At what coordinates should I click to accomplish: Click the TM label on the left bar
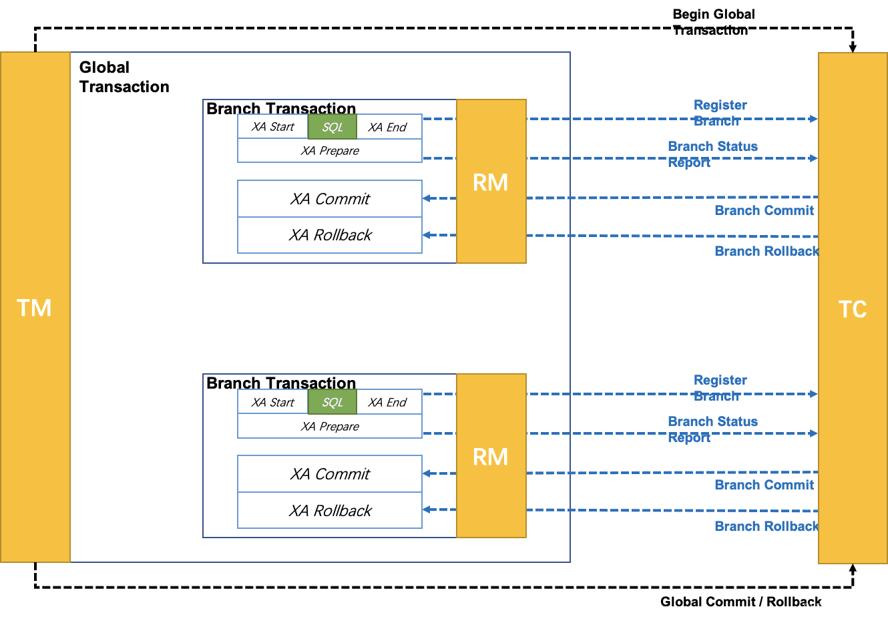[x=34, y=308]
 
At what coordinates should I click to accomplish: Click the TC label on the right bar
[x=853, y=309]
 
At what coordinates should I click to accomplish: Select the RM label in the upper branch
[x=490, y=182]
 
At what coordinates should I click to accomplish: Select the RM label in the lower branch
[x=490, y=457]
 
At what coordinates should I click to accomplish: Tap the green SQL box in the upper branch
[x=332, y=127]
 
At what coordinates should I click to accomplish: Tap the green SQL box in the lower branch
[x=332, y=402]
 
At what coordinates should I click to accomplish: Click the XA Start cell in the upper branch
[x=272, y=126]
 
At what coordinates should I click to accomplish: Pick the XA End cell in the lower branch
[x=389, y=402]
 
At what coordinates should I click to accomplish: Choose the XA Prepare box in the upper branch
[x=330, y=151]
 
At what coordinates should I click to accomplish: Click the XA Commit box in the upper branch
[x=330, y=199]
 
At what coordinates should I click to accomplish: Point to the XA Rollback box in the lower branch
[x=330, y=510]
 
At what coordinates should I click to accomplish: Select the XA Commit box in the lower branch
[x=330, y=474]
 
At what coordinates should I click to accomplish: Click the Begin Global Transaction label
[x=714, y=22]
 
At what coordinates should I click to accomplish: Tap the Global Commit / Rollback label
[x=741, y=602]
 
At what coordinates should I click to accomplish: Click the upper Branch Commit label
[x=764, y=210]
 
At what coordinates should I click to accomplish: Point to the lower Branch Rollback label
[x=766, y=526]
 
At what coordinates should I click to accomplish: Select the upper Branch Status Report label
[x=713, y=154]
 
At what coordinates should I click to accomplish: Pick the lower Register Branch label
[x=720, y=388]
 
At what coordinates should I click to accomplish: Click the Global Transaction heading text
[x=124, y=77]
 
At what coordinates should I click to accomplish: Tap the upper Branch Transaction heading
[x=281, y=108]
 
